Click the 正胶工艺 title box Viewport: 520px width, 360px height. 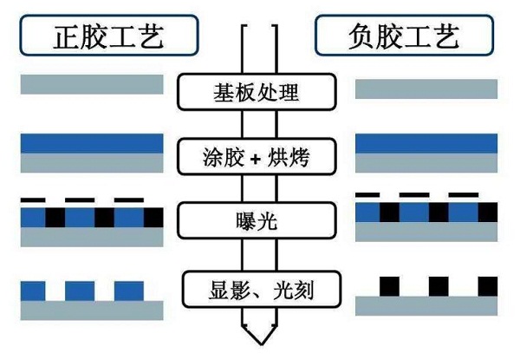(x=109, y=36)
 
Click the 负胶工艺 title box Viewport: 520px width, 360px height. (x=404, y=36)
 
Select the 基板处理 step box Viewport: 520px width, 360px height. (x=257, y=92)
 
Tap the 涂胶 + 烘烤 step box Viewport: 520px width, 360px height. (x=257, y=157)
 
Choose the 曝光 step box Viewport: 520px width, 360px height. (x=257, y=220)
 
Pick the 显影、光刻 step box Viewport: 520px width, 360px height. (x=262, y=290)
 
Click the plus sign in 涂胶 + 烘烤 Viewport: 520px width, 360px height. (x=256, y=160)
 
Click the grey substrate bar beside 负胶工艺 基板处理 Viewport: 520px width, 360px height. (x=426, y=89)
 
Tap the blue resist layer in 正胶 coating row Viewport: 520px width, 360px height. (x=92, y=143)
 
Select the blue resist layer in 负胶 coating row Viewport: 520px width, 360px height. (x=426, y=143)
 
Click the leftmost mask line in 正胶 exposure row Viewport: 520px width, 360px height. (x=33, y=200)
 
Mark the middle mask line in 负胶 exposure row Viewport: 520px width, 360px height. (x=414, y=195)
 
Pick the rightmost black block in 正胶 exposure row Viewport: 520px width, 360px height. (x=153, y=218)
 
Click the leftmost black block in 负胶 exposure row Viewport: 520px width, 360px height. (x=389, y=213)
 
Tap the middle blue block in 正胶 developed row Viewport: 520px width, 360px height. (x=80, y=291)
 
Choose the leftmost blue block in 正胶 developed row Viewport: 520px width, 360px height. (x=33, y=291)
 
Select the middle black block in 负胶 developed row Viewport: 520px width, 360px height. (x=439, y=286)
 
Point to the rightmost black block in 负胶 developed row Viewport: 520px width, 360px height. (x=488, y=286)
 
